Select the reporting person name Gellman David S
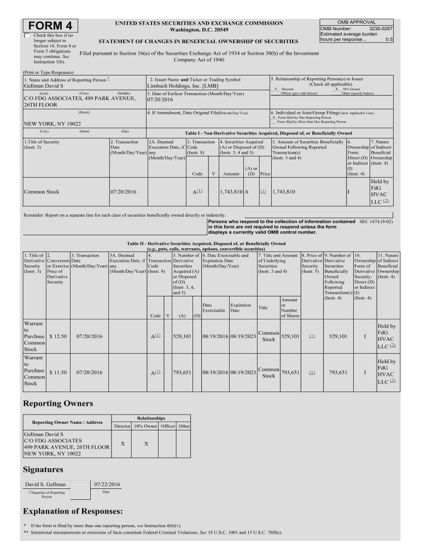coord(44,86)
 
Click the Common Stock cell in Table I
coord(42,192)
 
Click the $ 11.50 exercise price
coord(58,372)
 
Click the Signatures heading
coord(43,469)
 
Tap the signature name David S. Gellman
coord(45,484)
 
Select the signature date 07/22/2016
coord(107,484)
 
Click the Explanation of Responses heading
coord(73,511)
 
